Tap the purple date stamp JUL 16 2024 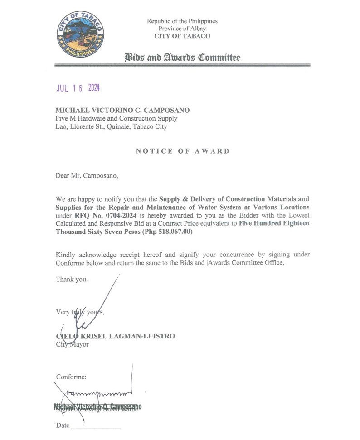tap(78, 88)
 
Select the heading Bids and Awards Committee tap(182, 57)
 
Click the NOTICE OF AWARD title tap(182, 151)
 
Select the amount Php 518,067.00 tap(167, 232)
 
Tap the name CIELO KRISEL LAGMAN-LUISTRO tap(115, 336)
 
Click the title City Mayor tap(73, 344)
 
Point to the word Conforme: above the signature tap(71, 377)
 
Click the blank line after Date tap(96, 427)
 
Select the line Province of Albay tap(182, 29)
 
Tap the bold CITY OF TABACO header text tap(182, 36)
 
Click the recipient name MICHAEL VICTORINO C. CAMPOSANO tap(122, 111)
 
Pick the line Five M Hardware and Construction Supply tap(116, 119)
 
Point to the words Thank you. tap(72, 280)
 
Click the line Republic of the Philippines tap(182, 21)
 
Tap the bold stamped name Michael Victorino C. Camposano tap(98, 406)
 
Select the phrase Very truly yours tap(80, 312)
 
